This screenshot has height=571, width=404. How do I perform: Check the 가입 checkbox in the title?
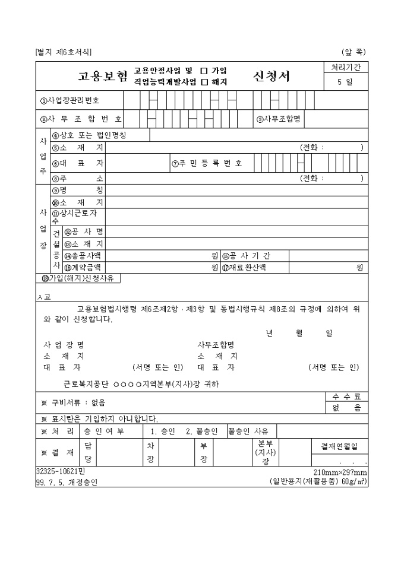click(x=204, y=71)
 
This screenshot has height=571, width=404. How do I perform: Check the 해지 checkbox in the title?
click(x=204, y=82)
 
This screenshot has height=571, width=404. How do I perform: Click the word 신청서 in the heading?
click(x=272, y=77)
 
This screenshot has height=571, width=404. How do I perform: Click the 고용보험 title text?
click(x=103, y=77)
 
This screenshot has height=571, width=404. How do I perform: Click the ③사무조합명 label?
click(x=278, y=119)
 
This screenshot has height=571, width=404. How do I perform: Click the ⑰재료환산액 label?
click(x=244, y=267)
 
